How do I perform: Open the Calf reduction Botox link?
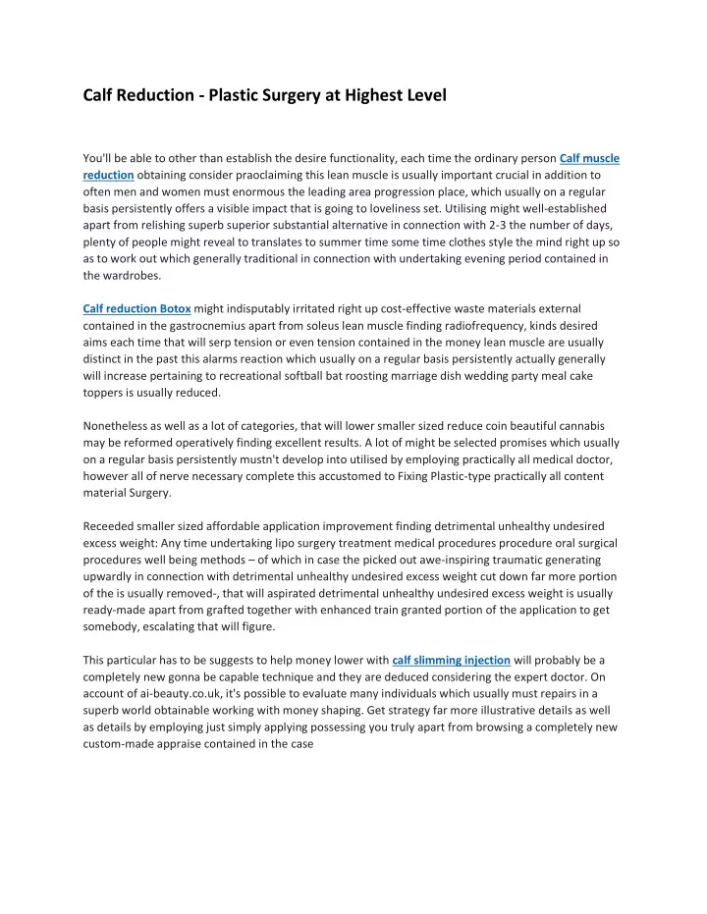pyautogui.click(x=136, y=308)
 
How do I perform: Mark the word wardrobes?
pyautogui.click(x=139, y=274)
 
